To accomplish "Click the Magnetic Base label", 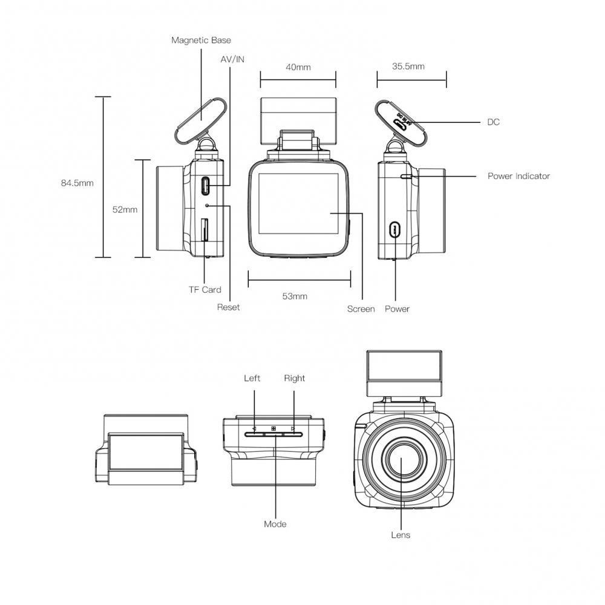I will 201,41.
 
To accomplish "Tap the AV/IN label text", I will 232,59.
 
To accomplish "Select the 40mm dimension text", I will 298,67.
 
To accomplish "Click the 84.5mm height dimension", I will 77,183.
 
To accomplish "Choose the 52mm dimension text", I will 125,209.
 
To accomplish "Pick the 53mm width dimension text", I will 295,296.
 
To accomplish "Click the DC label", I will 494,122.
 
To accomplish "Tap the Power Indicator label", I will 518,176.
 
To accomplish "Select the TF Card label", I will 204,290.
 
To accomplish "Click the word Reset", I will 228,307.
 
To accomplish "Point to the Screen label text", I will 361,309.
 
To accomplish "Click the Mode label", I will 275,524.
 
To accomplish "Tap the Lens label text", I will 401,535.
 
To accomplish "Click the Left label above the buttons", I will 252,378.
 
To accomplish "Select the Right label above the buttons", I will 294,378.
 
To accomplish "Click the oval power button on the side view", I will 395,229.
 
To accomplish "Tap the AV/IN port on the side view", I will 206,185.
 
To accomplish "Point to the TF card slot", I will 204,231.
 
